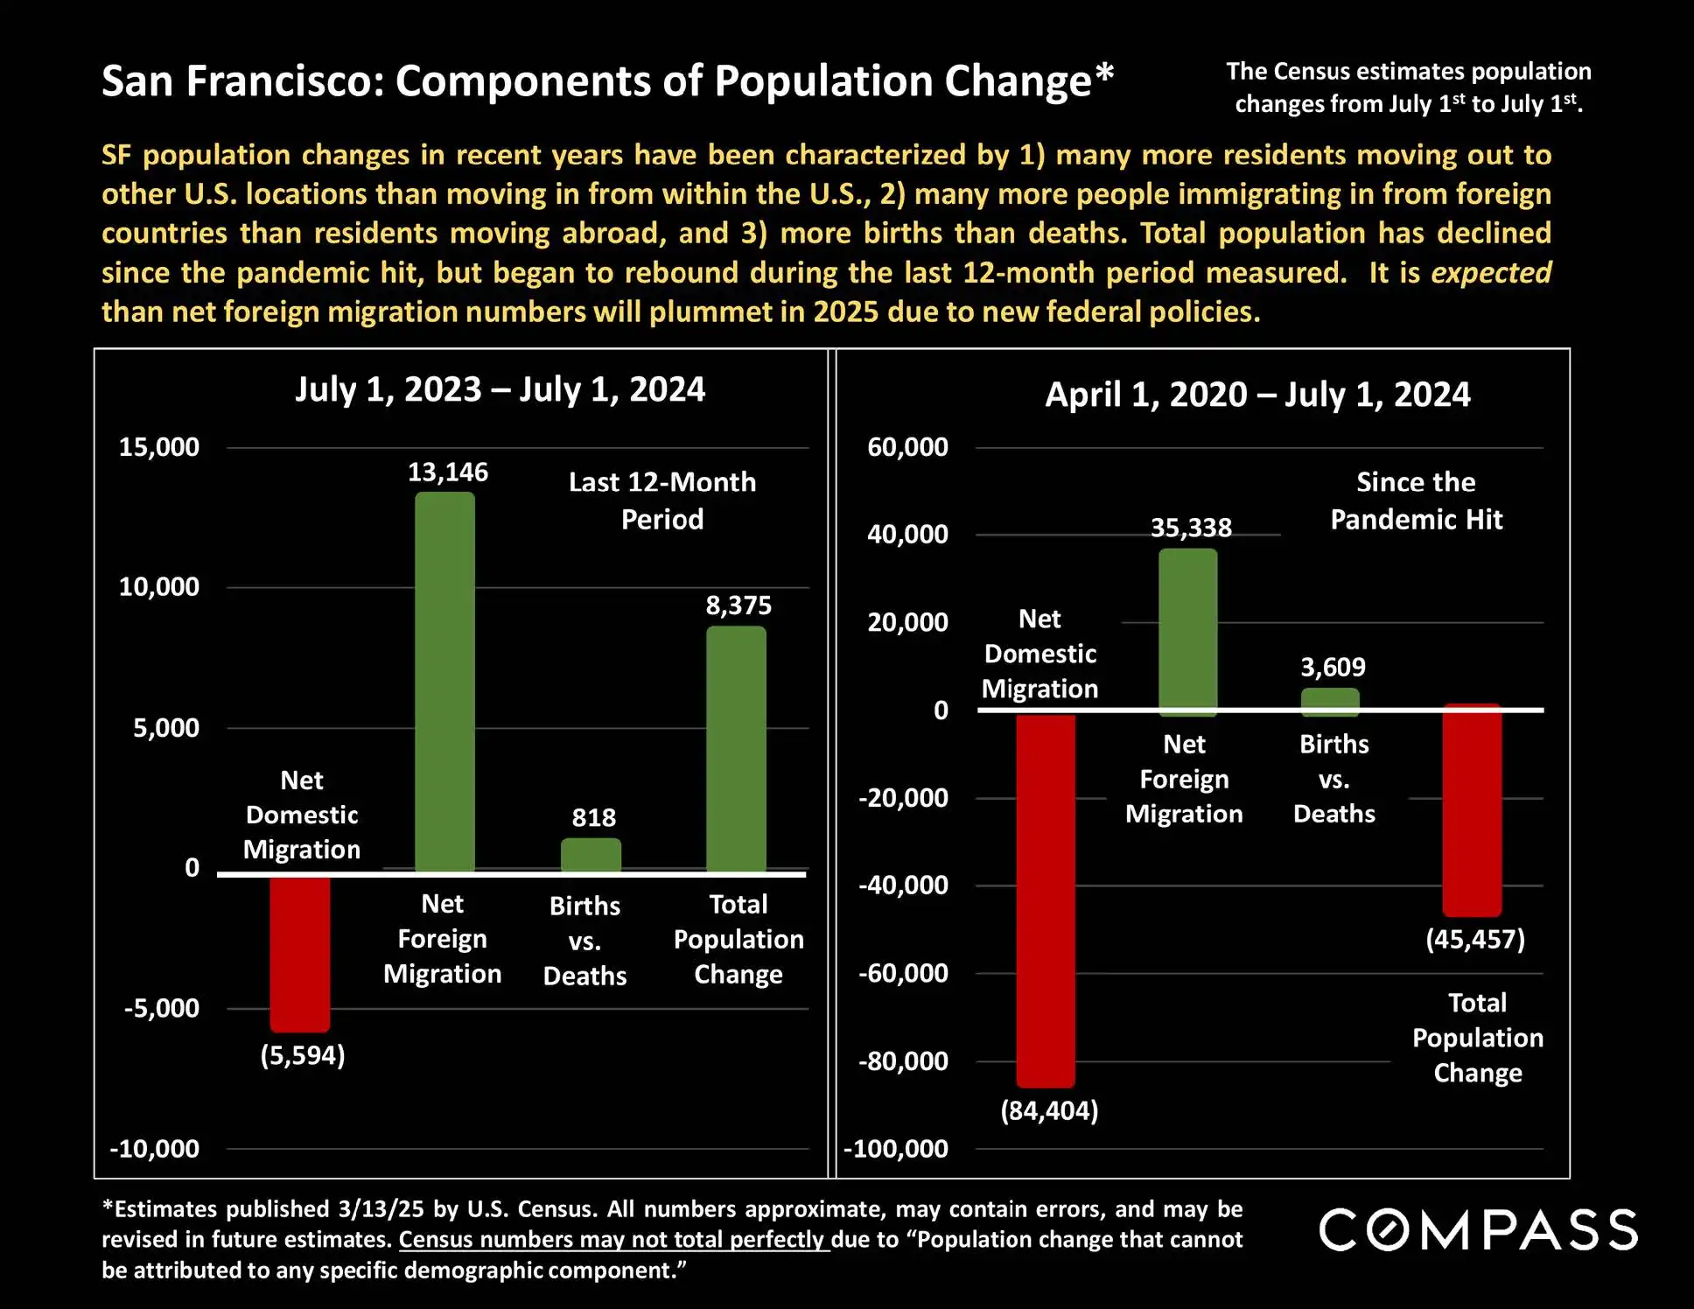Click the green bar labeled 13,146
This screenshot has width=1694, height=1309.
coord(444,682)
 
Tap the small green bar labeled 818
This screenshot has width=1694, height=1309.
coord(591,855)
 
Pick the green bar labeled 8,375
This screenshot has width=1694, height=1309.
coord(736,749)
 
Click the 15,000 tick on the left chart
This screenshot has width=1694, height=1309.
coord(159,447)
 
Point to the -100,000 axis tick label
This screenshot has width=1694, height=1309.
coord(896,1148)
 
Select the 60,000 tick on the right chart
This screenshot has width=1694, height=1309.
coord(907,447)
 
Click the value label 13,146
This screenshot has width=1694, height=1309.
coord(448,472)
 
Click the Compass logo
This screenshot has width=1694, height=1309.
coord(1478,1229)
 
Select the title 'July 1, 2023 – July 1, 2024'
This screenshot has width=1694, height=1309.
coord(500,389)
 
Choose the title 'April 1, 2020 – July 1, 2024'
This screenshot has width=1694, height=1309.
coord(1257,395)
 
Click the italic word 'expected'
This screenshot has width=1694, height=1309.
coord(1491,273)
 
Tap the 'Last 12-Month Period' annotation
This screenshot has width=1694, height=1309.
coord(662,500)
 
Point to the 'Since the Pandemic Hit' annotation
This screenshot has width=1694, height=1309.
coord(1416,500)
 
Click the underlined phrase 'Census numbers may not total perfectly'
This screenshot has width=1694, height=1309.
coord(612,1240)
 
